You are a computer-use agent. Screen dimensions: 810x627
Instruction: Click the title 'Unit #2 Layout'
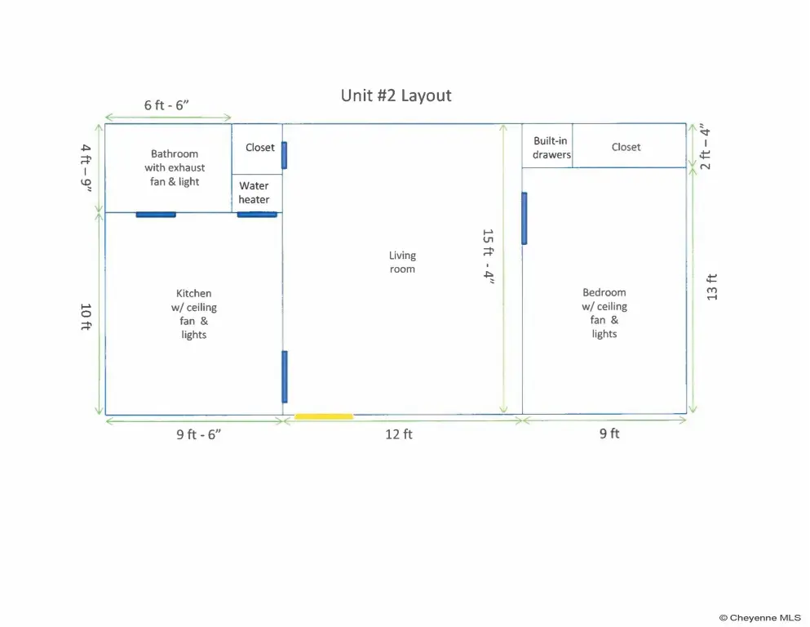click(396, 96)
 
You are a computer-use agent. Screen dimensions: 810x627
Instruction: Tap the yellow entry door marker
click(324, 416)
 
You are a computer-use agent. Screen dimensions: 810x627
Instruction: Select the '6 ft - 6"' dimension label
click(166, 105)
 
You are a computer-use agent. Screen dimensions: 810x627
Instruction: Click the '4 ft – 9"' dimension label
click(86, 168)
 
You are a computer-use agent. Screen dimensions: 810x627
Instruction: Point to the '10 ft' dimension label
click(86, 316)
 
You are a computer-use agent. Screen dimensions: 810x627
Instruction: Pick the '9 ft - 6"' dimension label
click(199, 434)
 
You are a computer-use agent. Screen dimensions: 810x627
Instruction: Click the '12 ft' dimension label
click(399, 434)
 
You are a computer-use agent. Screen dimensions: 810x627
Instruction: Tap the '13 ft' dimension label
click(712, 287)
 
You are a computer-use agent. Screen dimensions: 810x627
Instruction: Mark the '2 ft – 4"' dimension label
click(705, 146)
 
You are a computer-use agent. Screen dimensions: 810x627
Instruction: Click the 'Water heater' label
click(254, 193)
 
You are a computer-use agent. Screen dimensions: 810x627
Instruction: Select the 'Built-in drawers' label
click(551, 147)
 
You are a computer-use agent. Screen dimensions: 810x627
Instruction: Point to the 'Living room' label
click(402, 262)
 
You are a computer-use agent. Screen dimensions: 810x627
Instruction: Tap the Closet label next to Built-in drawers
click(626, 147)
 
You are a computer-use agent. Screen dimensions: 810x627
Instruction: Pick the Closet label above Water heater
click(260, 147)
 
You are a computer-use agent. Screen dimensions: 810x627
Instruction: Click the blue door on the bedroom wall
click(525, 218)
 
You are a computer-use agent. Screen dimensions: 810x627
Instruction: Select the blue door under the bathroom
click(156, 215)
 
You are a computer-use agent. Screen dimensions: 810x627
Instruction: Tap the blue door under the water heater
click(257, 215)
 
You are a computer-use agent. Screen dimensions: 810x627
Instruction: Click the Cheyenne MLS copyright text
click(760, 618)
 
